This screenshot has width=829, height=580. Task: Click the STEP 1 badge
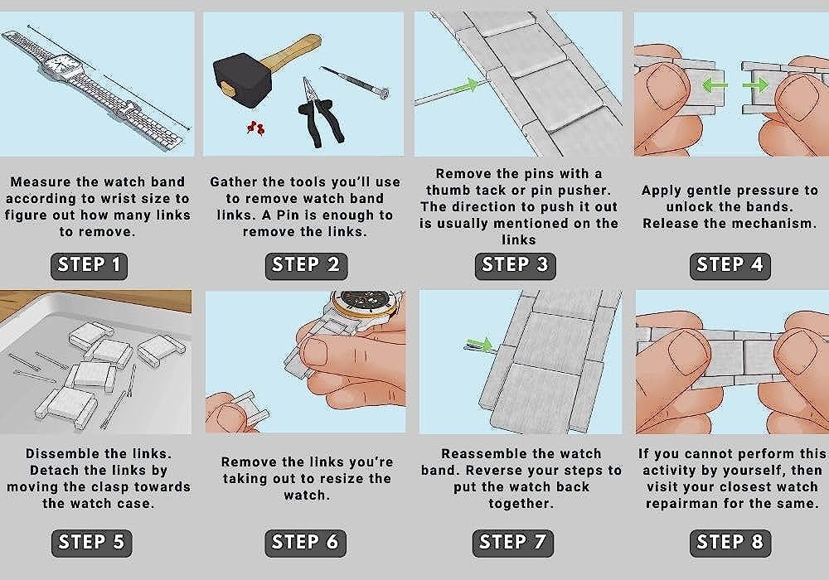[89, 265]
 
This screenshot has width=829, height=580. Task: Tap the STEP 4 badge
[730, 265]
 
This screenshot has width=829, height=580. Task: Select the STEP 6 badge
[305, 543]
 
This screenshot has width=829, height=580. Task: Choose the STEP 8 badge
[730, 543]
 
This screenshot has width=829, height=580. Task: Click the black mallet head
[242, 80]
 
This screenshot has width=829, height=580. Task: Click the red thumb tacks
[255, 128]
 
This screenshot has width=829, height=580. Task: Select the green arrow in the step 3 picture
[466, 85]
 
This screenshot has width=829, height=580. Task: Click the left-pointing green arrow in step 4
[715, 85]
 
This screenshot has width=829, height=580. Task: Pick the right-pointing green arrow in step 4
[755, 85]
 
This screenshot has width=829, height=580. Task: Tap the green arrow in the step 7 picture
[480, 345]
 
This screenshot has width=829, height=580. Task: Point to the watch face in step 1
[59, 65]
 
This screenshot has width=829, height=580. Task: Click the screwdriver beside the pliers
[356, 82]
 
